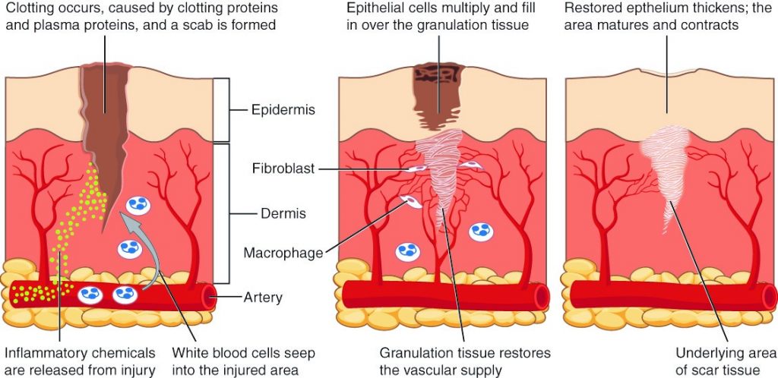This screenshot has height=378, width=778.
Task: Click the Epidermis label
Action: pos(283,111)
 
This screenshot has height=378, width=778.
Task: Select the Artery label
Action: pos(263,298)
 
